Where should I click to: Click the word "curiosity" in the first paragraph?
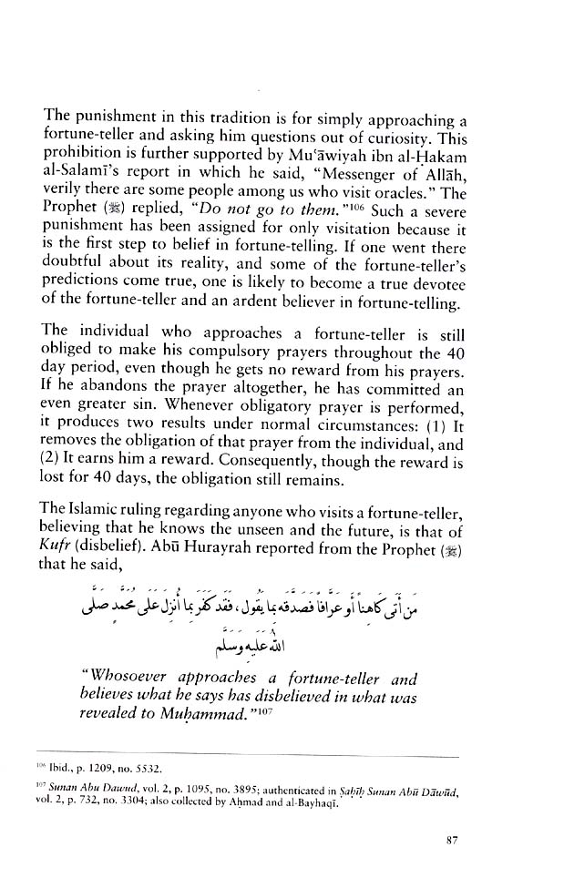tap(417, 138)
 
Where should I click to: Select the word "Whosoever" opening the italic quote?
tap(108, 678)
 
